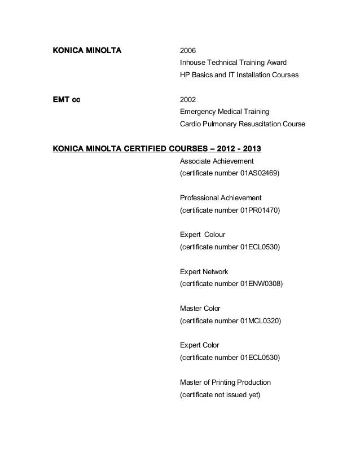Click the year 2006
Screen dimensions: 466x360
(x=187, y=51)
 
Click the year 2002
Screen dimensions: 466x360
(x=187, y=100)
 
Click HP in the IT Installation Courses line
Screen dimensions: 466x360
(x=185, y=75)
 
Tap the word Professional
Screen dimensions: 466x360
(x=199, y=198)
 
